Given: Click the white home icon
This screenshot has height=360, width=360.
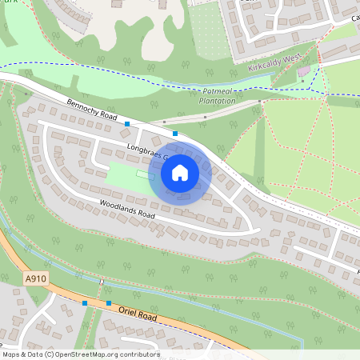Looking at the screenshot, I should (180, 172).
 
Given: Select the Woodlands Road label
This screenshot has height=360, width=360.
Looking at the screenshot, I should (127, 210).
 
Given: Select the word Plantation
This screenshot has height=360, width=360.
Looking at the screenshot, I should (218, 102).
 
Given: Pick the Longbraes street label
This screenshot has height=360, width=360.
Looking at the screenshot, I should (145, 152).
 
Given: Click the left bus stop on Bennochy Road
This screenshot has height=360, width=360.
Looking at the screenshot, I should (127, 123).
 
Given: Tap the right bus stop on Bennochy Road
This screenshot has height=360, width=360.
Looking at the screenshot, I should (175, 133).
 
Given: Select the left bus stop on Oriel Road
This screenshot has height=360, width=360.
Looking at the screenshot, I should (85, 303).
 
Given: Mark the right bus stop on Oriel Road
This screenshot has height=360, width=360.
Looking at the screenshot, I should (108, 303).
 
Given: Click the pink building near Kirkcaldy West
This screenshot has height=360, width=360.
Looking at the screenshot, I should (303, 73).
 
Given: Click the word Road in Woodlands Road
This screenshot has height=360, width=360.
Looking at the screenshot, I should (142, 215).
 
